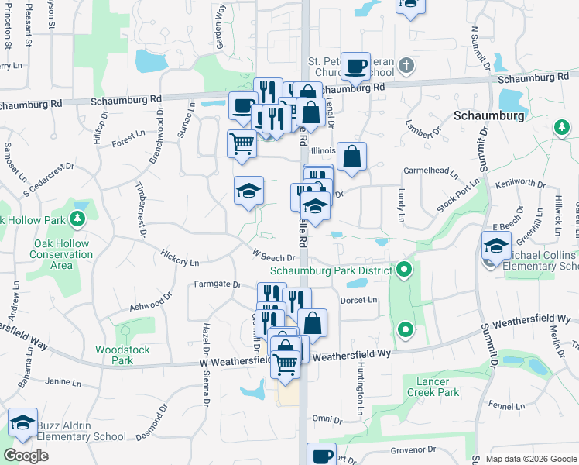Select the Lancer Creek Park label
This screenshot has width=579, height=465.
click(x=433, y=387)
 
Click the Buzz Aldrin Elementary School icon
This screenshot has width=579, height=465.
click(x=23, y=422)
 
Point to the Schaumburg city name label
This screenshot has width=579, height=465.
click(x=488, y=115)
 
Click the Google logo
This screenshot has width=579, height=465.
click(x=26, y=456)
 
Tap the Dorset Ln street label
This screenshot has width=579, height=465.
click(x=358, y=300)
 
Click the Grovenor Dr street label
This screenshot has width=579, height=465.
click(x=413, y=449)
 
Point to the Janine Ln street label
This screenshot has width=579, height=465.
click(x=63, y=382)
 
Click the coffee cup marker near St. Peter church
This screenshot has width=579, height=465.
click(x=356, y=67)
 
